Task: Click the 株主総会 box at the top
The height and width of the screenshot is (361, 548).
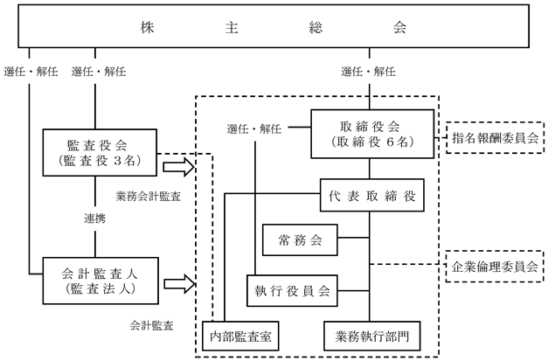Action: click(x=274, y=26)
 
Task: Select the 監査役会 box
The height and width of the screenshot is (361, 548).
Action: click(x=100, y=152)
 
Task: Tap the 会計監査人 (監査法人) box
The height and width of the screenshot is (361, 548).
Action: click(x=101, y=281)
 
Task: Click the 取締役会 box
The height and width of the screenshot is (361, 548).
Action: click(x=372, y=134)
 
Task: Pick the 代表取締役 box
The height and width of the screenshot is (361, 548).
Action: click(x=371, y=195)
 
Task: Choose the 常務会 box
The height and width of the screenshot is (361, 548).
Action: click(x=300, y=240)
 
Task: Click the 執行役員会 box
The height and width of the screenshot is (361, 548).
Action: click(x=292, y=291)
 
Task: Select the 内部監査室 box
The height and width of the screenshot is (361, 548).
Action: click(x=240, y=336)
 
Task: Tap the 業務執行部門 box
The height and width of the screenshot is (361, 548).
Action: click(x=371, y=336)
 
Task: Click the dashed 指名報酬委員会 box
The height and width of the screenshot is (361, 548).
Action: click(x=495, y=138)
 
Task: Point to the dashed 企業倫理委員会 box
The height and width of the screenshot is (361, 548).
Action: click(x=495, y=267)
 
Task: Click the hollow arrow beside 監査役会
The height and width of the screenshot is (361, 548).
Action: click(x=178, y=167)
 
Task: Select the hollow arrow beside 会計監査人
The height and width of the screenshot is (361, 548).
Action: click(x=179, y=284)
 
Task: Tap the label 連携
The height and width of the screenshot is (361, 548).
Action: click(x=94, y=219)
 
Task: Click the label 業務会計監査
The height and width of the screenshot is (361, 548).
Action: click(x=149, y=197)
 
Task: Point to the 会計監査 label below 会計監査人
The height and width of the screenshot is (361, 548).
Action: click(x=152, y=326)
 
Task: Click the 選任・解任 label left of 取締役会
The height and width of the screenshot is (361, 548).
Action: click(x=254, y=129)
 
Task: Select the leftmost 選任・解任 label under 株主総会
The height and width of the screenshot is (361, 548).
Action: click(x=31, y=72)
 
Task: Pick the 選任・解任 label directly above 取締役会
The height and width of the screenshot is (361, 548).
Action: click(x=368, y=72)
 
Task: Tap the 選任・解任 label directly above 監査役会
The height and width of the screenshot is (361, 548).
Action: click(x=99, y=72)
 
